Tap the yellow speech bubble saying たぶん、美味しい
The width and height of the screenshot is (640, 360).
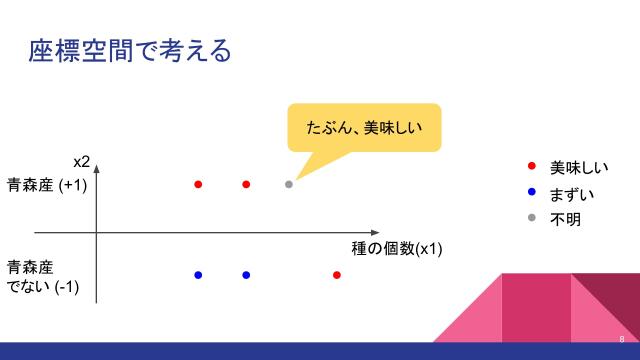coord(363,127)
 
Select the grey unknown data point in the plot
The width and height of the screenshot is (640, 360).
coord(289,184)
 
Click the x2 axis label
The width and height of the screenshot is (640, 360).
coord(82,162)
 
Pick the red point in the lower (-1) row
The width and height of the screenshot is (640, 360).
coord(337,275)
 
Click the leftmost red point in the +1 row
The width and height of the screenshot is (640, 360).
coord(198,184)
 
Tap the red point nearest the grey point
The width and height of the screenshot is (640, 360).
coord(246,184)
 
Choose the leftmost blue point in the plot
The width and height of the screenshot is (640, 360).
coord(198,275)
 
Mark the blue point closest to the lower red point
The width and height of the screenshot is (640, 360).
coord(246,275)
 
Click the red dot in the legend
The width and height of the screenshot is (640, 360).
coord(531,166)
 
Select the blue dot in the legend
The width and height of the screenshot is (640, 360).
coord(531,192)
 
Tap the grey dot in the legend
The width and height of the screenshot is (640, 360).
coord(531,218)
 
